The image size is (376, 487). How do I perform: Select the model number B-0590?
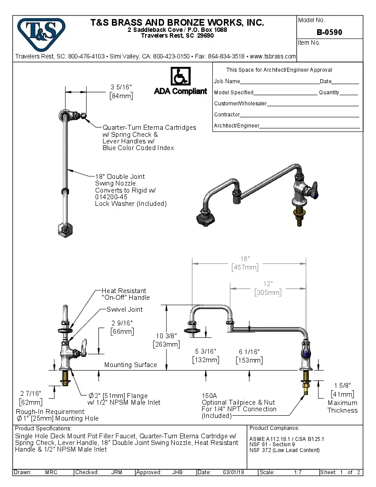(x=329, y=32)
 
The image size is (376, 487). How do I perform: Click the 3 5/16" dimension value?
(x=121, y=87)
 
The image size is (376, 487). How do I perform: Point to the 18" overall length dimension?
(x=245, y=259)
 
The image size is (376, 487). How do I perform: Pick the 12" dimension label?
(x=268, y=284)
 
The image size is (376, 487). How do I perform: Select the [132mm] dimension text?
(x=206, y=360)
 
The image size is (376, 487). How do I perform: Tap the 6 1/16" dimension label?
(x=249, y=352)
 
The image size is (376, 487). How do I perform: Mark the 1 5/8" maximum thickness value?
(x=342, y=385)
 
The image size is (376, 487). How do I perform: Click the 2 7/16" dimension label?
(x=31, y=393)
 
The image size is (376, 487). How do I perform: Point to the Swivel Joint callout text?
(x=125, y=309)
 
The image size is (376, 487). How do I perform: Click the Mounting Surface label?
(x=130, y=365)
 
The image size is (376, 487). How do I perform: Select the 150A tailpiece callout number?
(x=209, y=395)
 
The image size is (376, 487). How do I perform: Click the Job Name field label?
(x=227, y=81)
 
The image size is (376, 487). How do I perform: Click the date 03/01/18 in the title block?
(x=234, y=472)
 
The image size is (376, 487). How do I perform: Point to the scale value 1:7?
(x=298, y=472)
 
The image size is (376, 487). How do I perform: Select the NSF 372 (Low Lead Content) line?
(x=284, y=450)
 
